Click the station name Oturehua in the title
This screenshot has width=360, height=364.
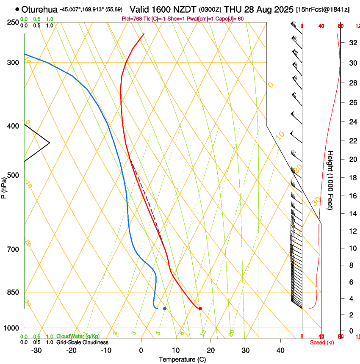[39, 9]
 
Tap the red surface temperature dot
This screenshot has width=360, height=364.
[200, 309]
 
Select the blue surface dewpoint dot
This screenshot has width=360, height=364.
[165, 309]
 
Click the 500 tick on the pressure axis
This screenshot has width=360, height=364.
[13, 175]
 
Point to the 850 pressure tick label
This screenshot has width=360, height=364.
[13, 292]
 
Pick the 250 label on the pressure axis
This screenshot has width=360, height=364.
[13, 22]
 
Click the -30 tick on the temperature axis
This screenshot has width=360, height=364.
[36, 350]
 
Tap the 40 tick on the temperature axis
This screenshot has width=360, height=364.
[280, 350]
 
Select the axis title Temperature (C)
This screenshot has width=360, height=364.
[182, 359]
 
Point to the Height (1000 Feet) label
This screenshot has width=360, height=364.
[330, 180]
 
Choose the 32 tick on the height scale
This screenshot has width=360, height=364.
[352, 43]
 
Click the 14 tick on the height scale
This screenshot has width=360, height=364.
[352, 214]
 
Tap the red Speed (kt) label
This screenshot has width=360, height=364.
[322, 342]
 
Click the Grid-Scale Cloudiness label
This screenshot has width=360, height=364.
[82, 342]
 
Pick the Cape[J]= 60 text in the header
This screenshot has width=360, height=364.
[229, 19]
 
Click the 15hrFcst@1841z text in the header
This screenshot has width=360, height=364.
[323, 9]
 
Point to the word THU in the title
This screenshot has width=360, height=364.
[232, 9]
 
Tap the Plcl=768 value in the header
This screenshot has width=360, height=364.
[132, 19]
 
